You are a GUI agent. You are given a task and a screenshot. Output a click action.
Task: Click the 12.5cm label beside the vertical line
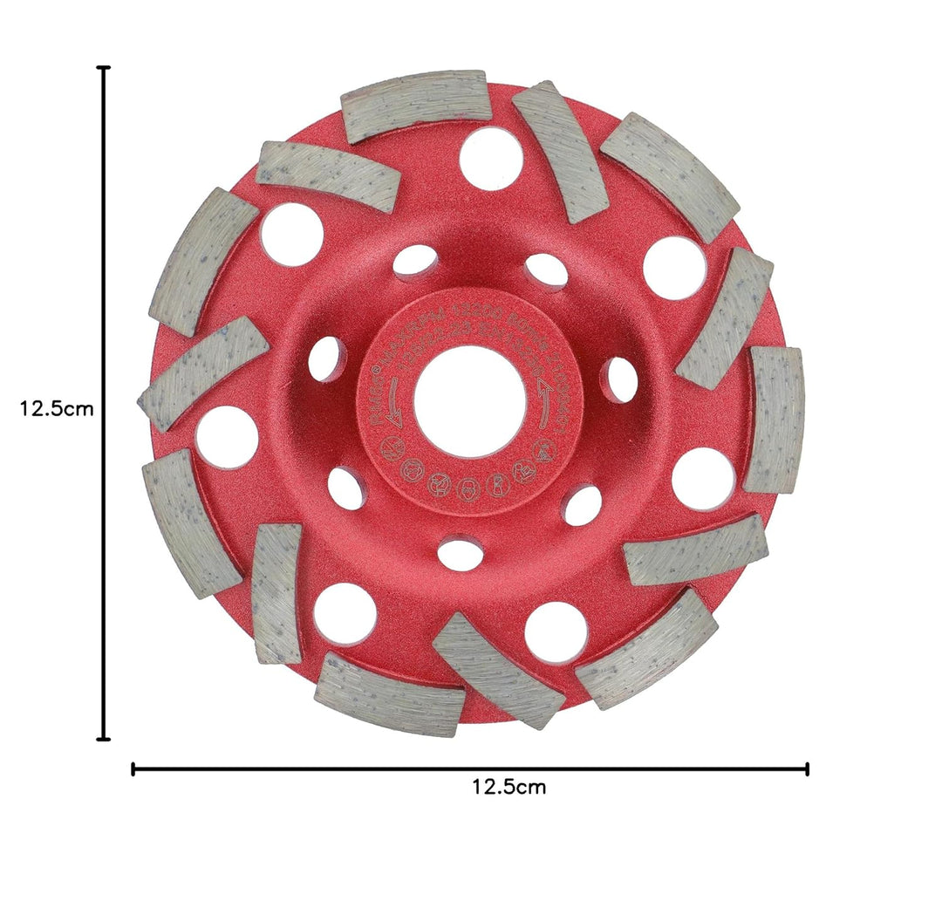tap(56, 407)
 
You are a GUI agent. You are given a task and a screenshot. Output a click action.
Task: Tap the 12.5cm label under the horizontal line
tap(509, 788)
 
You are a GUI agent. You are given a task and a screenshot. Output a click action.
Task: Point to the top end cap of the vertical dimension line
tap(105, 67)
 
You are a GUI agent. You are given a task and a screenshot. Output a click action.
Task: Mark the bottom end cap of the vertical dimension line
tap(105, 740)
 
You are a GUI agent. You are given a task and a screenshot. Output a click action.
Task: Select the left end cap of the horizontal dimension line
tap(133, 768)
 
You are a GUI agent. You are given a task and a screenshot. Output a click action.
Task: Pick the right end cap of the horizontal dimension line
tap(808, 768)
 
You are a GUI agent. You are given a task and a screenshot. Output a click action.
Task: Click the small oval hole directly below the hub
tap(460, 553)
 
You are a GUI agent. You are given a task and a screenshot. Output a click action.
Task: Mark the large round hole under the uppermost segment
tap(491, 158)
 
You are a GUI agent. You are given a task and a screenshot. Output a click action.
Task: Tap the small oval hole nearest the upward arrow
tap(620, 379)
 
